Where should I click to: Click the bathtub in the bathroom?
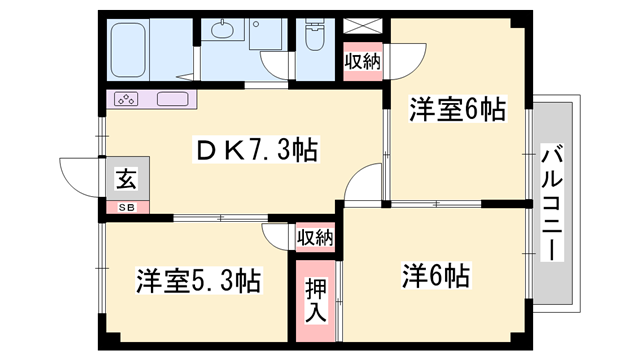pos(128,50)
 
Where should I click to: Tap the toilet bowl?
pos(315,35)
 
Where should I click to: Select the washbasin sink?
pos(222,29)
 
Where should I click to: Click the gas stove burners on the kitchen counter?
pos(126,99)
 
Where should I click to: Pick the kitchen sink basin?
pos(173,99)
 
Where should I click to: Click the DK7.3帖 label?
pos(256,151)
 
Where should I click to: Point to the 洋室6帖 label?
pos(458,109)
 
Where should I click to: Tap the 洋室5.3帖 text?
pos(198,281)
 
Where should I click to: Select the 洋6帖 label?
pos(436,276)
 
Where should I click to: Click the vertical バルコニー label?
pos(552,202)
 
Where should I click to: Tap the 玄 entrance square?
pos(128,179)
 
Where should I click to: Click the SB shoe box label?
pos(127,207)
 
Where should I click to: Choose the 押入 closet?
pos(316,301)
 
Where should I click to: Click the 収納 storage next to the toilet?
pos(362,62)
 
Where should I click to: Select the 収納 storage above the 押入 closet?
pos(315,237)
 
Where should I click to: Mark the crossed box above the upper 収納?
pos(362,26)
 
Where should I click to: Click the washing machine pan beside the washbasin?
pos(265,34)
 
